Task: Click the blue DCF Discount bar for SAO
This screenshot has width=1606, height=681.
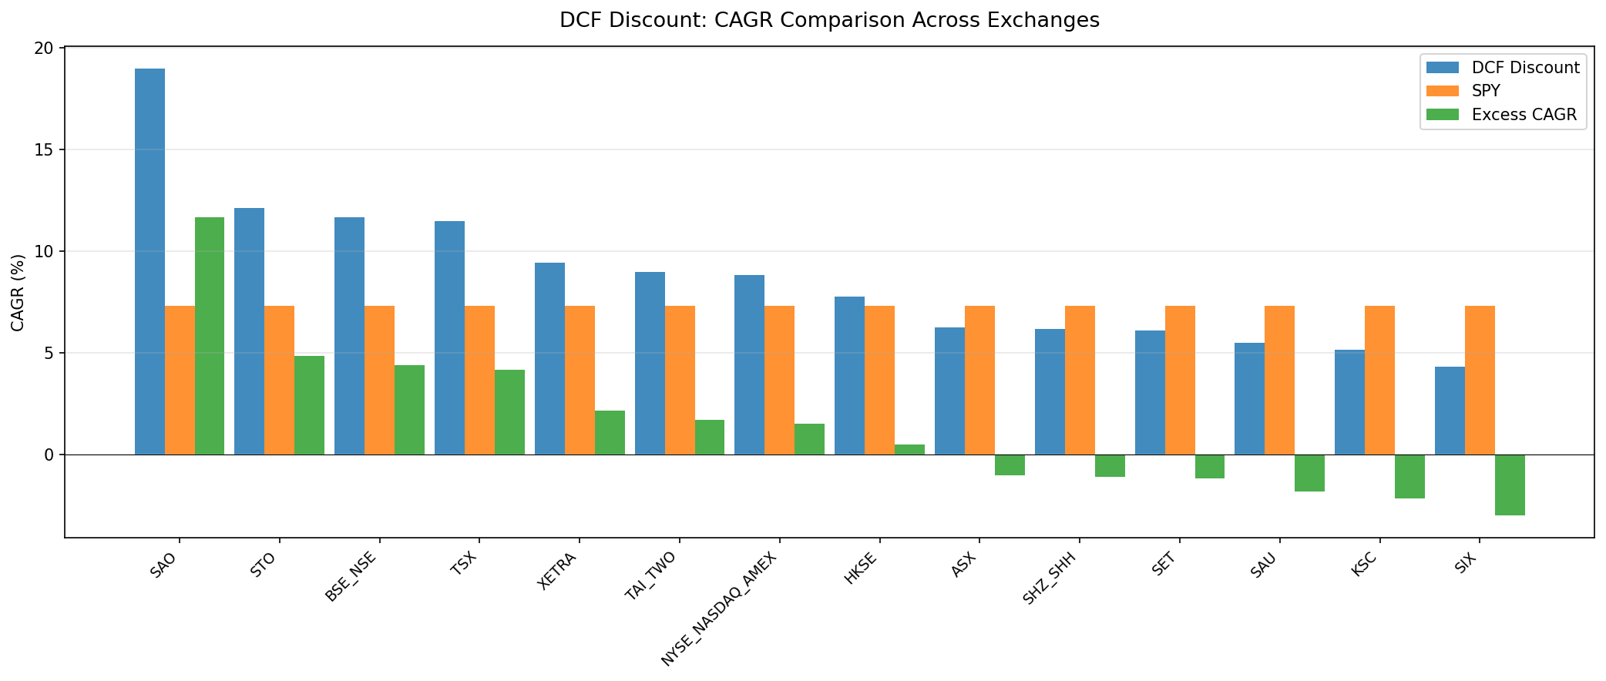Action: click(x=150, y=262)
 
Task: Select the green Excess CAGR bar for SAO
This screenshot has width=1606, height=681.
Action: click(x=210, y=336)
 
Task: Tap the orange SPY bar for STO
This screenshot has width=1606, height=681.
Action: click(x=279, y=380)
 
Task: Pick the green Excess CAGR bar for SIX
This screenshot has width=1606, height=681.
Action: click(x=1510, y=485)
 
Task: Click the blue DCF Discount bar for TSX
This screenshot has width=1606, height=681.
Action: click(x=449, y=337)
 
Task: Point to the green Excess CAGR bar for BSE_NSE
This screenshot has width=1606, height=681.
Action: click(x=409, y=410)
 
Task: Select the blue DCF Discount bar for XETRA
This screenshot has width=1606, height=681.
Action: click(x=549, y=358)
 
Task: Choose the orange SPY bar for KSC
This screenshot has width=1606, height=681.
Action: click(x=1379, y=380)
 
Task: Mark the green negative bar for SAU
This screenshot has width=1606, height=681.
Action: click(x=1309, y=473)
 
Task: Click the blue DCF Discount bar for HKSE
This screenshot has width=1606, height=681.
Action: click(x=849, y=375)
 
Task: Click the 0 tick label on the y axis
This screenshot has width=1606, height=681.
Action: click(x=49, y=455)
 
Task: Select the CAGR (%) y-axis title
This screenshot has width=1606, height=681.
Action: click(x=18, y=293)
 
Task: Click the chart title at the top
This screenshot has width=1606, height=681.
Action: click(x=829, y=21)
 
